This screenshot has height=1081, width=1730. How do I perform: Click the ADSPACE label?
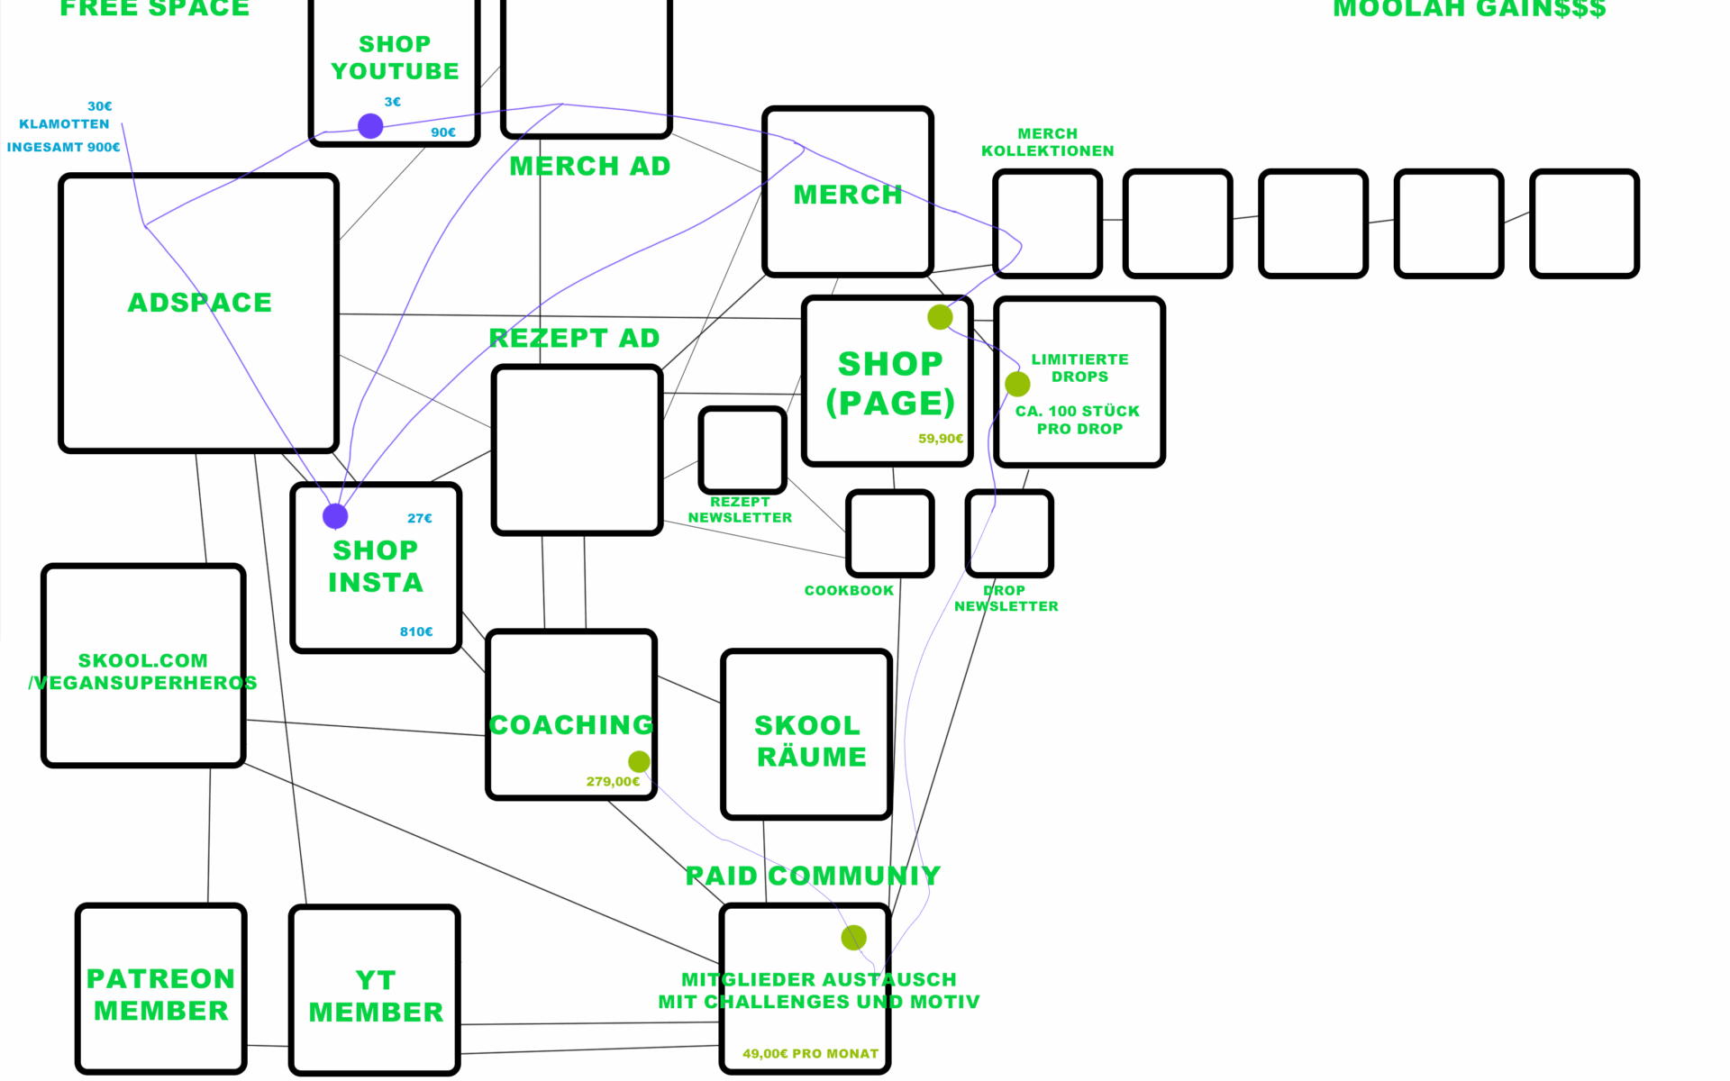click(x=199, y=303)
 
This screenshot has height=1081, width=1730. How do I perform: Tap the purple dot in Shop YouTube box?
click(x=370, y=126)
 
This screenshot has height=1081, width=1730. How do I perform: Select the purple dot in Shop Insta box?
click(x=335, y=516)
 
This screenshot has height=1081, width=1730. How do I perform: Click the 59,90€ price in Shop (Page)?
click(x=941, y=439)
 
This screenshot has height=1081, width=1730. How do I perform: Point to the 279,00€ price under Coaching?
click(x=613, y=782)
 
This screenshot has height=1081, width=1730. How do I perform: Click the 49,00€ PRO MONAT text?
click(x=810, y=1054)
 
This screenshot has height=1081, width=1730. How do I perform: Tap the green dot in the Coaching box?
click(x=639, y=762)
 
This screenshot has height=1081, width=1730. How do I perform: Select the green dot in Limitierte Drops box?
click(x=1017, y=385)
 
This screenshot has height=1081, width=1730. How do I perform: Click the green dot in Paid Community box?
click(x=853, y=938)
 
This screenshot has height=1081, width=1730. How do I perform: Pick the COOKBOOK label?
click(x=849, y=591)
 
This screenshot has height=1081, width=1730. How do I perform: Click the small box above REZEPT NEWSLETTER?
click(x=742, y=450)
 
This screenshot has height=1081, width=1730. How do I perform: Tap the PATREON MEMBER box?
click(x=161, y=989)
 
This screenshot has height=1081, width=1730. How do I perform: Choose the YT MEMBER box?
click(x=375, y=991)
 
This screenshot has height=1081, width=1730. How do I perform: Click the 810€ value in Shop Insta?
click(x=416, y=632)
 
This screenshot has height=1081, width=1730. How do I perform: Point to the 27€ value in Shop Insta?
click(x=420, y=519)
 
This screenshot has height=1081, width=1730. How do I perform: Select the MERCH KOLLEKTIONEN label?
click(x=1047, y=142)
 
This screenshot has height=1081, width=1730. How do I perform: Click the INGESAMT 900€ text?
click(x=63, y=147)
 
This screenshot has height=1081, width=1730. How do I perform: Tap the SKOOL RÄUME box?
click(x=807, y=735)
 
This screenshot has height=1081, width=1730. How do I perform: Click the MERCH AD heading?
click(x=590, y=167)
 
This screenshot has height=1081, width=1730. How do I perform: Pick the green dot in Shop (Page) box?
click(x=940, y=317)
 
